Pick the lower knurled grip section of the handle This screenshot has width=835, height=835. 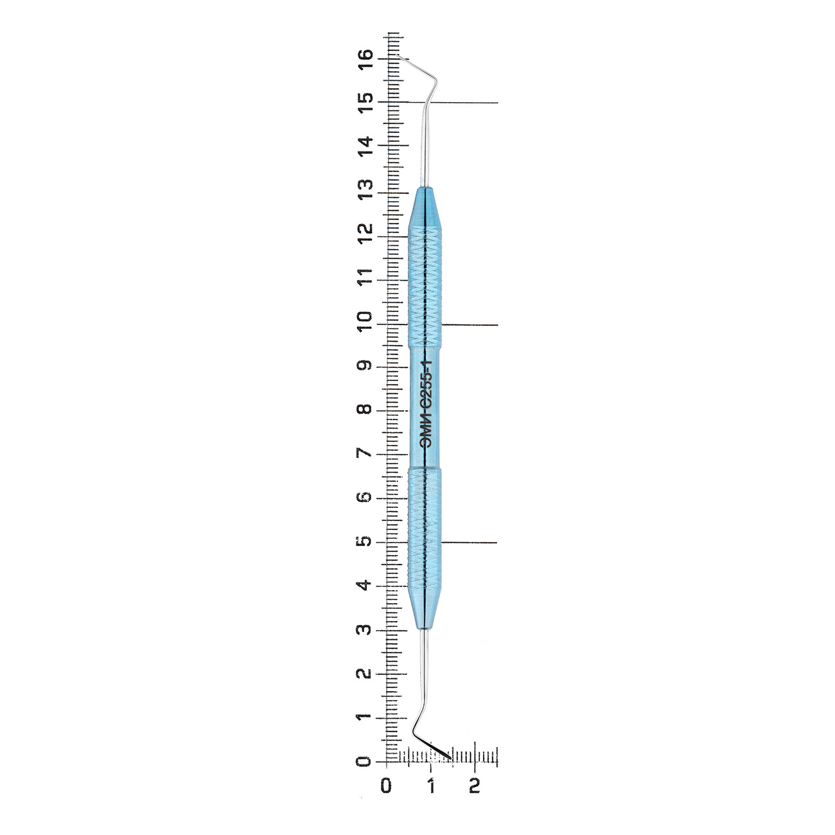(425, 527)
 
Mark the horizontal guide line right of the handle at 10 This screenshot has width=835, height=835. (470, 325)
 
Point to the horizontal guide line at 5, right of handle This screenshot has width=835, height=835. (469, 543)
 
